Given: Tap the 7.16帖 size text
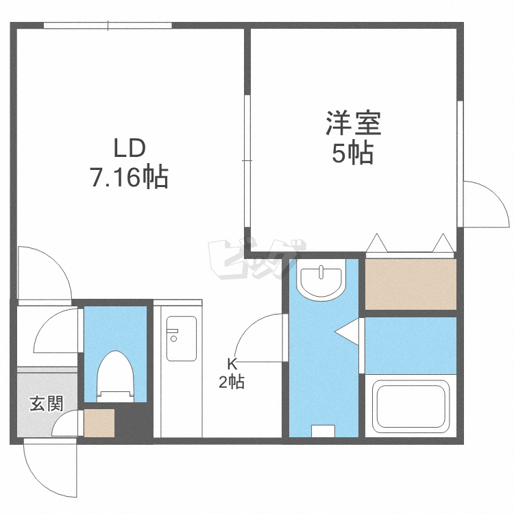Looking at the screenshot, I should pyautogui.click(x=128, y=178).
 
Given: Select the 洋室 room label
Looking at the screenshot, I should pyautogui.click(x=353, y=124).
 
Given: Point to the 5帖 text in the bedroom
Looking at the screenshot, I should pyautogui.click(x=353, y=154).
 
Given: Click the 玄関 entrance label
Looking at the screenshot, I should pyautogui.click(x=46, y=403).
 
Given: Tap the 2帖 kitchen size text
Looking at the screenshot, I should pyautogui.click(x=232, y=382).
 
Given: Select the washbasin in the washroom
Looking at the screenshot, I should pyautogui.click(x=321, y=281).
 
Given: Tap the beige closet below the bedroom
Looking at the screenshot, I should pyautogui.click(x=410, y=284).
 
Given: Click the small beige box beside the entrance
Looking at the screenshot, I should pyautogui.click(x=99, y=423).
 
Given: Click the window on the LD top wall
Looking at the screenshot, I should pyautogui.click(x=108, y=26).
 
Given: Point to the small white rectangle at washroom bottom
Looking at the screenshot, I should pyautogui.click(x=323, y=431).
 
